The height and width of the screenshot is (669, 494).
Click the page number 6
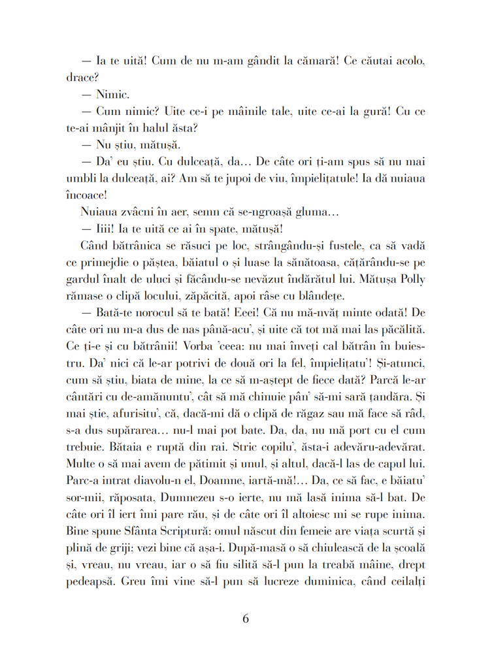(x=246, y=618)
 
